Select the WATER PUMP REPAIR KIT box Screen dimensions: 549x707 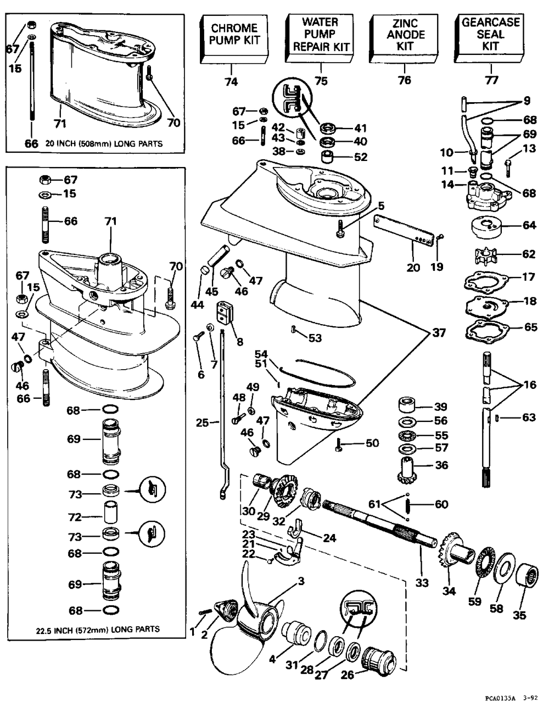(x=320, y=38)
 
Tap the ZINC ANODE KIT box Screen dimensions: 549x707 (x=405, y=38)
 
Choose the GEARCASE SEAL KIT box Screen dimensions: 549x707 (x=490, y=38)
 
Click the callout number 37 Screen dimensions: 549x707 (x=439, y=332)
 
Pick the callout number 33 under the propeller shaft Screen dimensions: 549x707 (x=422, y=582)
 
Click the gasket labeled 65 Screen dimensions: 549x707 (x=486, y=330)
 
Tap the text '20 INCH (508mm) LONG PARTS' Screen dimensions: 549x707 (x=104, y=144)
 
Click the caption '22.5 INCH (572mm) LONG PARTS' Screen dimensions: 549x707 (x=98, y=630)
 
